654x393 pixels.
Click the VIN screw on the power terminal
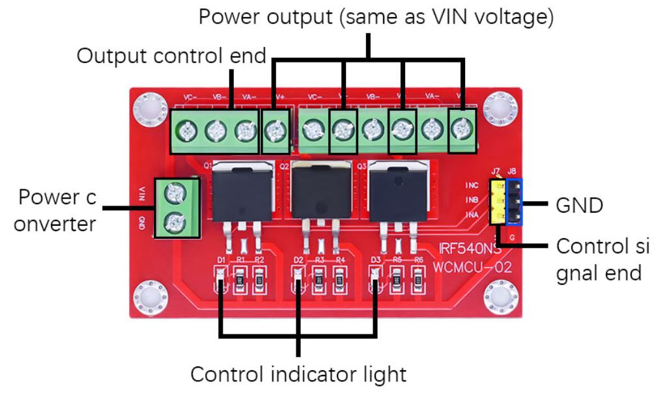click(x=175, y=193)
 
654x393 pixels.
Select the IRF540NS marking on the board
click(x=463, y=249)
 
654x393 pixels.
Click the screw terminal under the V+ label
click(x=274, y=132)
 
